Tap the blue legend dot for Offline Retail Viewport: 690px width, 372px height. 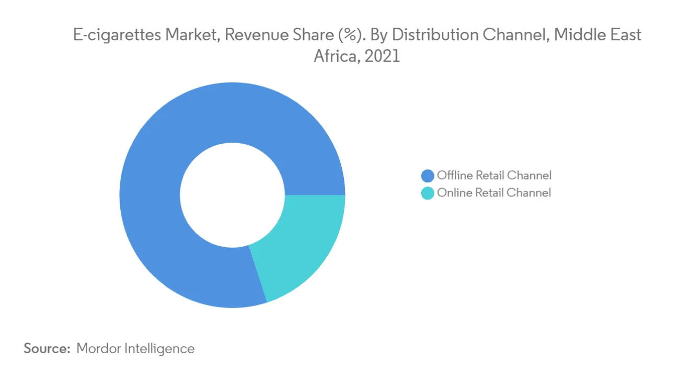(428, 176)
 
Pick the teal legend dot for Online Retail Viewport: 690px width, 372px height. (428, 193)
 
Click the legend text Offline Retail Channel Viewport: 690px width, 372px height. (494, 176)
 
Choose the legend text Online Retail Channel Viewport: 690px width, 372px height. (493, 193)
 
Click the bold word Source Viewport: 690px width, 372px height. (47, 348)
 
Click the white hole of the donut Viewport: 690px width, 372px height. (232, 195)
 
